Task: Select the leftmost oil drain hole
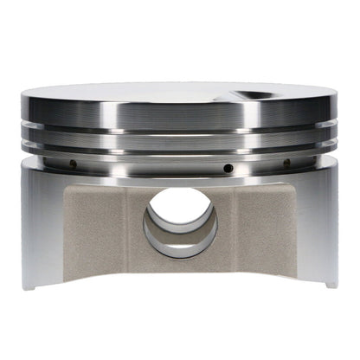(x=74, y=164)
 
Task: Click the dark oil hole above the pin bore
(x=228, y=167)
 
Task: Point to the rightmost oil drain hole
(x=286, y=162)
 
